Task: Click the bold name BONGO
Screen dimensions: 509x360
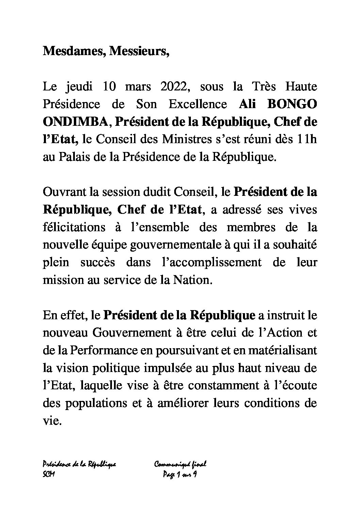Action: point(292,104)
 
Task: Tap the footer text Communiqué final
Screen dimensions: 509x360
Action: point(181,464)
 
